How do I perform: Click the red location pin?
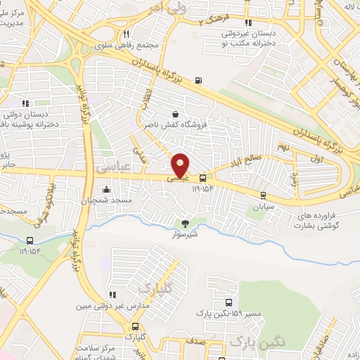pyautogui.click(x=181, y=165)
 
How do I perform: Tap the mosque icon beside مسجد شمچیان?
pyautogui.click(x=106, y=188)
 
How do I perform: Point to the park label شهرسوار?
pyautogui.click(x=184, y=236)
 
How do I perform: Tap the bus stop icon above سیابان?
pyautogui.click(x=263, y=196)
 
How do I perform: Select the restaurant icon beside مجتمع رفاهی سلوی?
pyautogui.click(x=126, y=34)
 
